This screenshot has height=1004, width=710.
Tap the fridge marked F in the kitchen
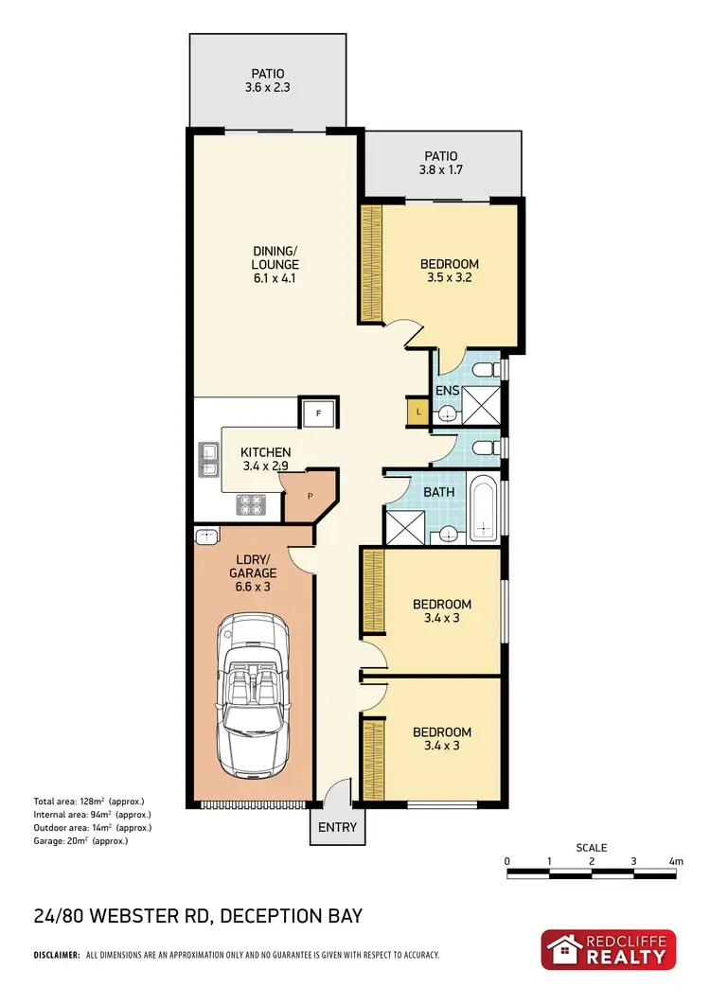click(317, 414)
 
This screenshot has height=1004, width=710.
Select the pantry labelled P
click(309, 495)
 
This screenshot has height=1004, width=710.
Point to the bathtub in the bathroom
click(482, 512)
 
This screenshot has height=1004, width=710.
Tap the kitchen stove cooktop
click(252, 505)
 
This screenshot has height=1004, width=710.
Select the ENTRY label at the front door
click(337, 828)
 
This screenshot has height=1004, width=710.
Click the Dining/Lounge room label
click(275, 257)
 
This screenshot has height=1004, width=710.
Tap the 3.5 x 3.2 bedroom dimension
click(450, 279)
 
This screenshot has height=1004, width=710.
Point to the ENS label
click(447, 390)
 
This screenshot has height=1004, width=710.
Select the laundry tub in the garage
click(206, 537)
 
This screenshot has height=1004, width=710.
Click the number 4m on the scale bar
click(675, 861)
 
